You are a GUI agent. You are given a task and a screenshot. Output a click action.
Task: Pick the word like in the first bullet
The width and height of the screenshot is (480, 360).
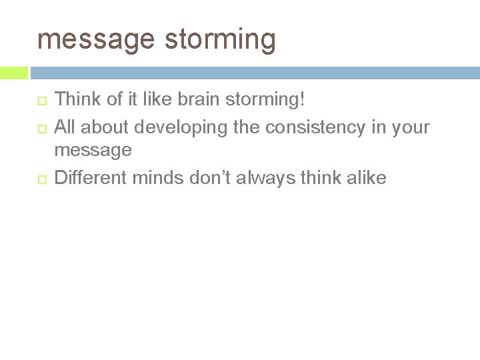click(165, 100)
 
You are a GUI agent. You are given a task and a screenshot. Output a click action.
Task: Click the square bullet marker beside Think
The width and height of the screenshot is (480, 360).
click(41, 101)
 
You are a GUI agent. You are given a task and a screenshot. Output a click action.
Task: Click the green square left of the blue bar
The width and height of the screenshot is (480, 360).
click(14, 73)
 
